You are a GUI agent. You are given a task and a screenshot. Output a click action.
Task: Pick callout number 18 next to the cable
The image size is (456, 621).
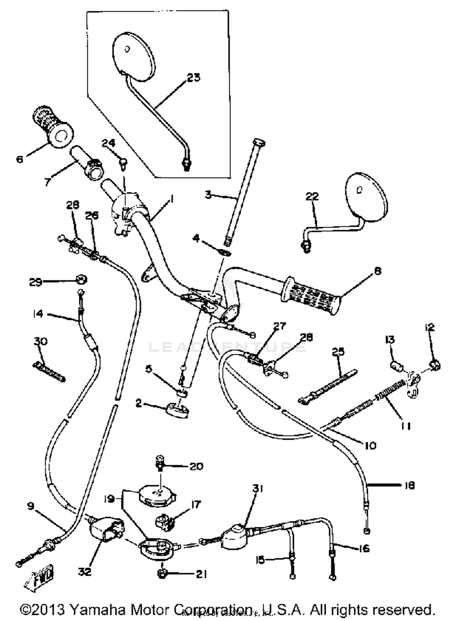pyautogui.click(x=409, y=486)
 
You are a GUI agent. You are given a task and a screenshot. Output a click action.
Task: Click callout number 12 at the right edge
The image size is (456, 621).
pyautogui.click(x=430, y=328)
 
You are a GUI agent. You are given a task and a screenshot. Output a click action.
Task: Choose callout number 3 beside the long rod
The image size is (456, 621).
pyautogui.click(x=208, y=194)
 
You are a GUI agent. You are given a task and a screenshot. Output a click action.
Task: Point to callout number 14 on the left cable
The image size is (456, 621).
pyautogui.click(x=38, y=314)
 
